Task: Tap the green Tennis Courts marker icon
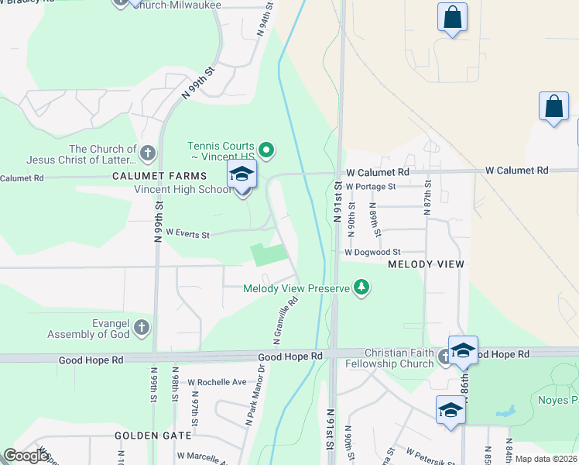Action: pos(267,150)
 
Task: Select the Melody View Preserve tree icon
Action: pos(361,288)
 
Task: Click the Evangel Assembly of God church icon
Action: pos(141,328)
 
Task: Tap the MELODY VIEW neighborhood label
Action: pos(426,264)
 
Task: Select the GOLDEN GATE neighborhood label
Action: pos(147,436)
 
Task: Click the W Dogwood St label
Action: pos(372,252)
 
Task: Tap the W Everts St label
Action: pos(187,234)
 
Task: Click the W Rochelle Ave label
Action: pos(211,382)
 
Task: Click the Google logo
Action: pos(26,456)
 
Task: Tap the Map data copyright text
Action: pos(546,459)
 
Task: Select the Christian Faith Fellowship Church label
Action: pos(391,358)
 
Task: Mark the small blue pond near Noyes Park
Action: pos(508,411)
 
